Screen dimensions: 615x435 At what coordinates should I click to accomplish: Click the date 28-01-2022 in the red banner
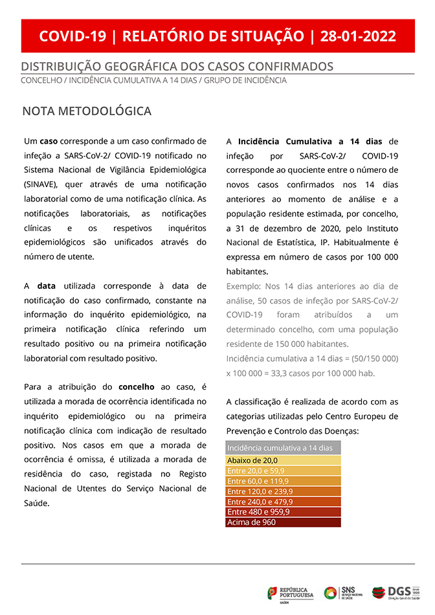[x=358, y=36]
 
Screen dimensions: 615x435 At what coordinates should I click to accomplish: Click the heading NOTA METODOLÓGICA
[x=87, y=111]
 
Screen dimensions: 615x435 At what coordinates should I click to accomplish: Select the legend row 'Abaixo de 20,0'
[x=283, y=460]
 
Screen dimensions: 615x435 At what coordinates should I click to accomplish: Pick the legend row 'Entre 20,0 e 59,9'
[x=283, y=471]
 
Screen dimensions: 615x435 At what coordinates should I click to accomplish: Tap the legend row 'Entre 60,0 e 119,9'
[x=283, y=481]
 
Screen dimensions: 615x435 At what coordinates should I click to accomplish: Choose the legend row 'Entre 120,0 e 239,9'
[x=283, y=491]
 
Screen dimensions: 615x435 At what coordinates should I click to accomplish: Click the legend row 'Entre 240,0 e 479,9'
[x=283, y=502]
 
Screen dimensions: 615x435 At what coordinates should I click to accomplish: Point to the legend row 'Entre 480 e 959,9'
[x=283, y=512]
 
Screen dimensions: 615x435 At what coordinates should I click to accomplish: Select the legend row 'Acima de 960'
[x=283, y=522]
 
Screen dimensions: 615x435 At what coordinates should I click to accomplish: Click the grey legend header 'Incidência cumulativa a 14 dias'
[x=283, y=448]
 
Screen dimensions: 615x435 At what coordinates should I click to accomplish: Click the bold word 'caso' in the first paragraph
[x=49, y=141]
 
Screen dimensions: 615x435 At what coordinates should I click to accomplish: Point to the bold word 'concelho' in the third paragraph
[x=137, y=386]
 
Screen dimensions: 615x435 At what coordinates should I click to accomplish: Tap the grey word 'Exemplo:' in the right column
[x=244, y=286]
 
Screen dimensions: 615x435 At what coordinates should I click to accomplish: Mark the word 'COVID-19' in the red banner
[x=72, y=36]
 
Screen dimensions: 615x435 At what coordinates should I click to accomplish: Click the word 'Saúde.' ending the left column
[x=37, y=503]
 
